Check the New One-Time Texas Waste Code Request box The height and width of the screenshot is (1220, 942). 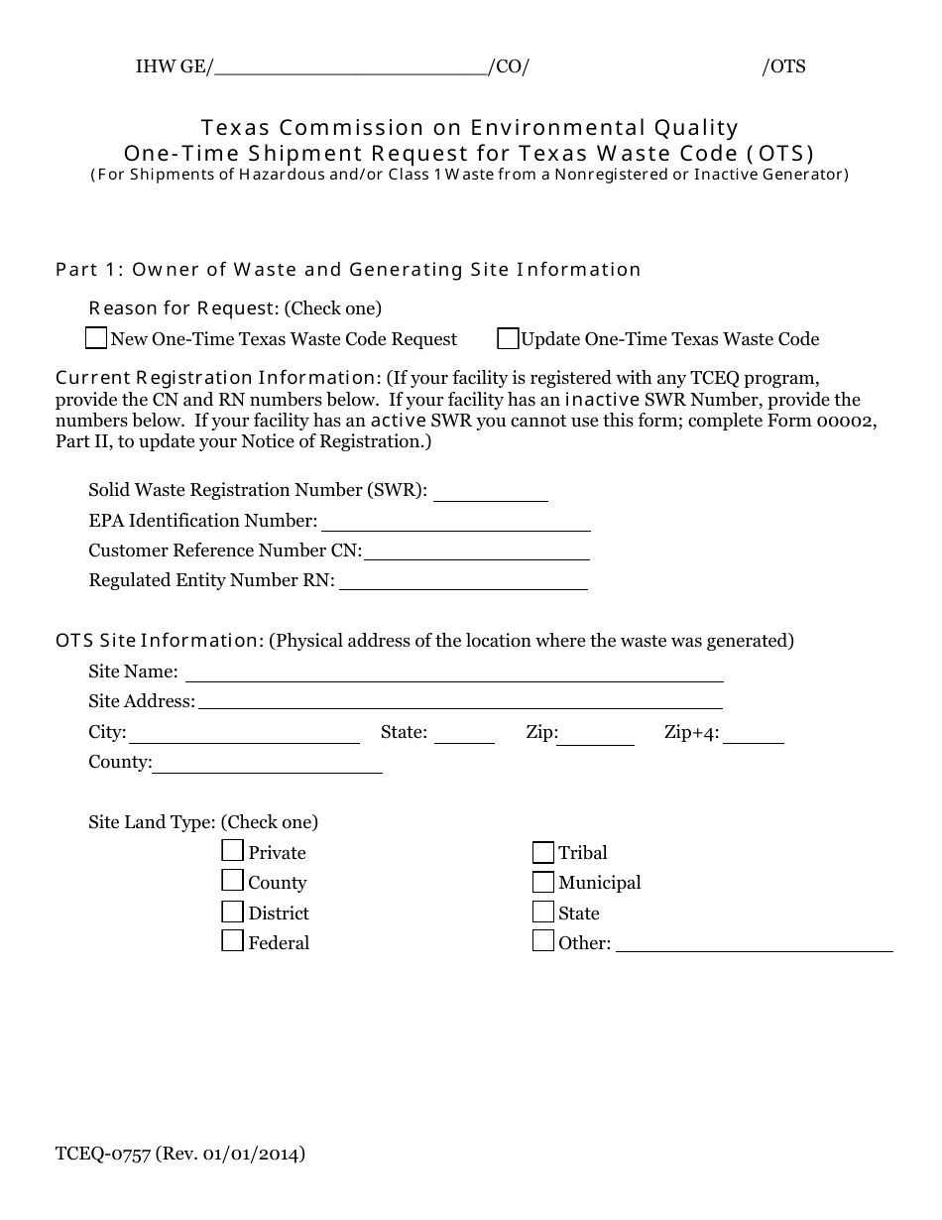tap(96, 339)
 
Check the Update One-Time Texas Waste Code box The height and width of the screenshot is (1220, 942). tap(508, 339)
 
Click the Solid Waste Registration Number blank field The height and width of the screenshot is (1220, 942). tap(491, 493)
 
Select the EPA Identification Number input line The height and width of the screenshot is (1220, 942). tap(455, 523)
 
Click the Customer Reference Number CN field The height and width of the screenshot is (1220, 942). tap(476, 552)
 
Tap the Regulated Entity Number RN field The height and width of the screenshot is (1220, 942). tap(463, 582)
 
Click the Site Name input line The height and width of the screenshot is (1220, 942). tap(454, 673)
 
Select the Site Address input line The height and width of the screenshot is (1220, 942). tap(460, 702)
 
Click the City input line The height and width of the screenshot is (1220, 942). tap(244, 735)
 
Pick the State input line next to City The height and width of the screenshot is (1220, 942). tap(464, 735)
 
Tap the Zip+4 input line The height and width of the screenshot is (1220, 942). tap(760, 735)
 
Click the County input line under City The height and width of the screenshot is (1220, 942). tap(267, 764)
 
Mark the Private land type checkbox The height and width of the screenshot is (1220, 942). tap(232, 851)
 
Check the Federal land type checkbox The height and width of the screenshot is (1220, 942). tap(232, 941)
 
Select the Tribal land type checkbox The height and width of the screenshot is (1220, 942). tap(542, 852)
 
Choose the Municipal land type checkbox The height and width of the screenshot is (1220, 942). tap(542, 882)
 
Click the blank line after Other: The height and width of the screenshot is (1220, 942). tap(754, 944)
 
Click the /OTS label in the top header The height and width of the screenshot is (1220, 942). tap(783, 67)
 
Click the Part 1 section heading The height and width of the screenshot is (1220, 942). tap(348, 270)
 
